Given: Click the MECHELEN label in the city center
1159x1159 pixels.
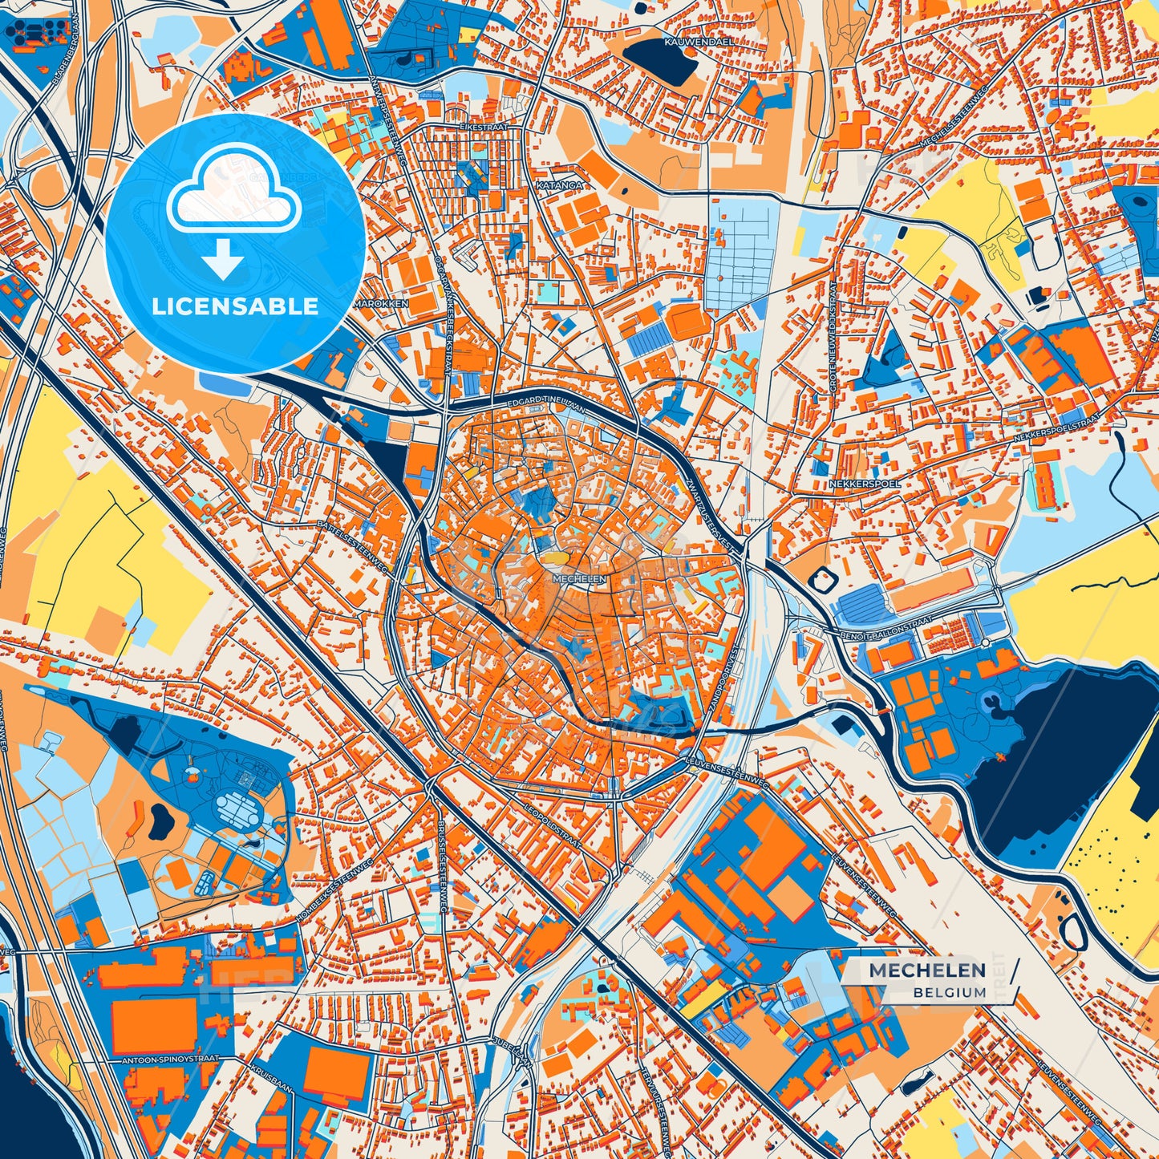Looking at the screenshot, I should [579, 577].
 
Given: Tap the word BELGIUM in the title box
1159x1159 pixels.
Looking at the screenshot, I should [949, 992].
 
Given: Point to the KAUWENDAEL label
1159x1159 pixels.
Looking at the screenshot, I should [695, 39].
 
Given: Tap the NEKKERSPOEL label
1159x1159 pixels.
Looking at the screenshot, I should [865, 484].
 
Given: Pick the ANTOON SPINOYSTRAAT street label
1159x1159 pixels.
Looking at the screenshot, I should [170, 1059].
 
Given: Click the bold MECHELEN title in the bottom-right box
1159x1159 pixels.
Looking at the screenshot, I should [927, 971].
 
